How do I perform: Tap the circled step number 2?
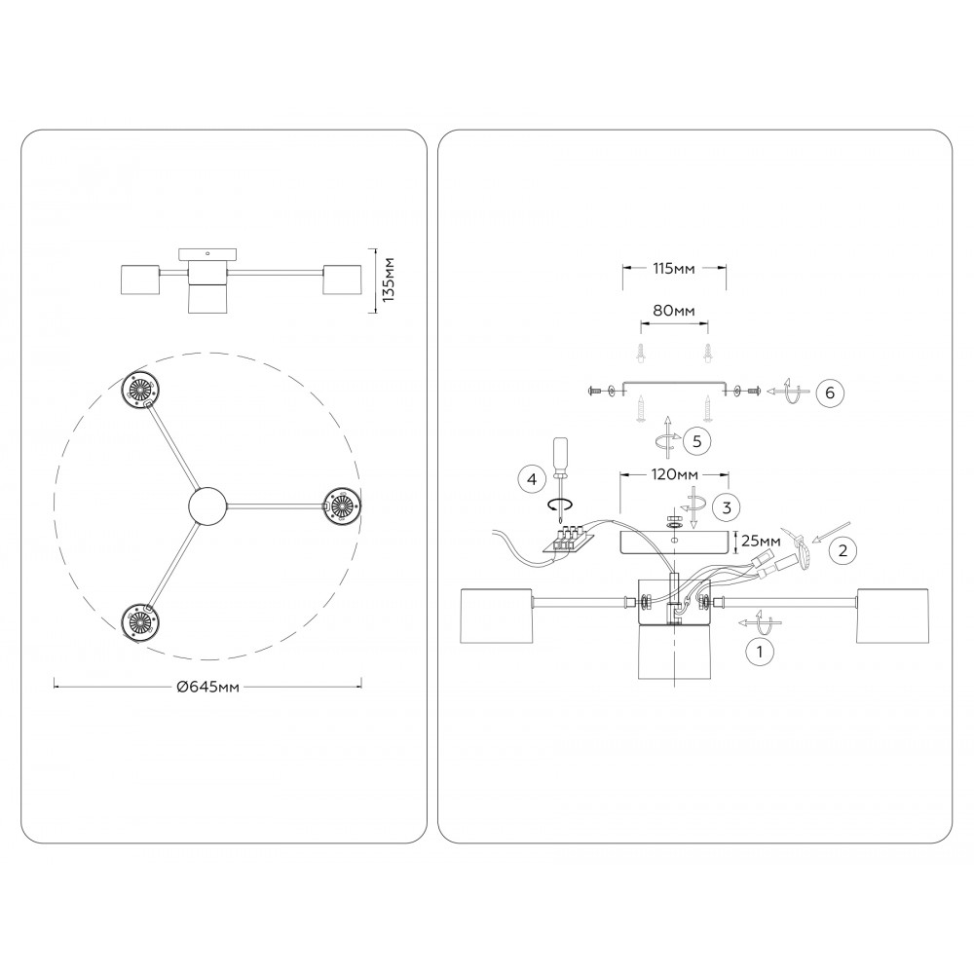843,549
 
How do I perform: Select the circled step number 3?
727,507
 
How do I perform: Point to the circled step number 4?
531,479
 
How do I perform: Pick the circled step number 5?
696,441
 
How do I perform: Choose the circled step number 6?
830,393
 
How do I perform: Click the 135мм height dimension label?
390,280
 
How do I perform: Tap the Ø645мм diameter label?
208,687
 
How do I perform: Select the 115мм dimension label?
673,269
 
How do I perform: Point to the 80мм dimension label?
674,310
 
